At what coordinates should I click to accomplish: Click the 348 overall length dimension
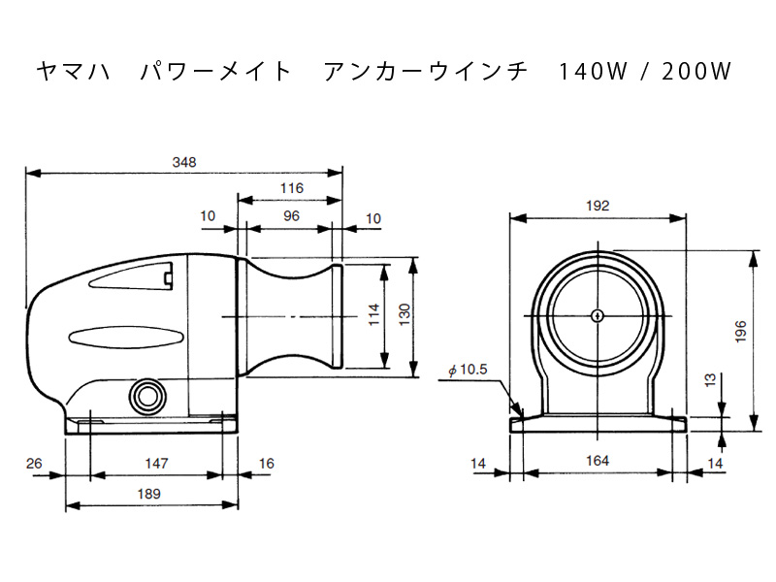(184, 162)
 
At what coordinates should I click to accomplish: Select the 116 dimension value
(292, 188)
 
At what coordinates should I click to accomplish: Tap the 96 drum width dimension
(292, 216)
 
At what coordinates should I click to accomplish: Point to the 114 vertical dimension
(374, 314)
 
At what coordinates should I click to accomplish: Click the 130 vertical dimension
(404, 314)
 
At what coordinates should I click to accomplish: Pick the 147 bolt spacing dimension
(156, 464)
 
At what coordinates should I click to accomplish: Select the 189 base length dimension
(149, 494)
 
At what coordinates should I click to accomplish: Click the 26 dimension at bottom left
(34, 464)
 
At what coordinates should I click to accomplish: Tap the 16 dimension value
(266, 464)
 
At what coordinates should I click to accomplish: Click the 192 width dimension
(598, 206)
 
